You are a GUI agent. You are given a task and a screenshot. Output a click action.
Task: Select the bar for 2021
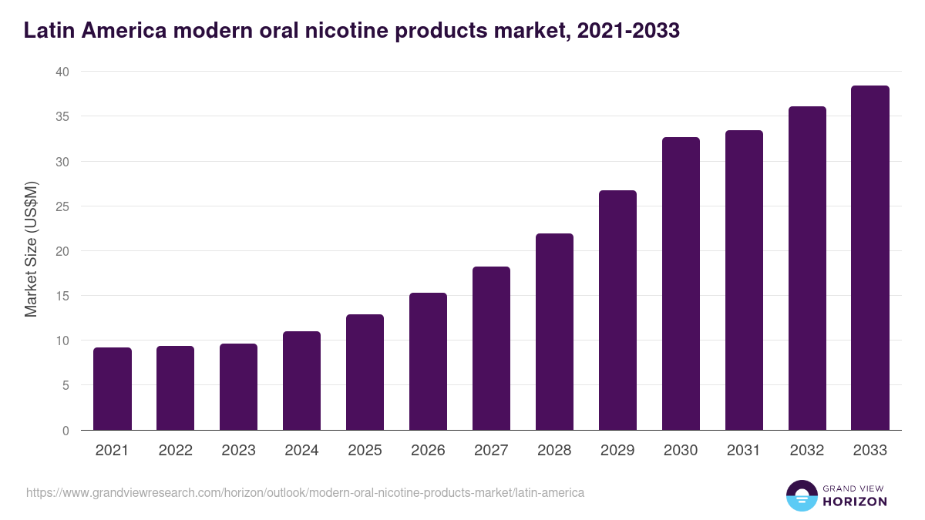113,389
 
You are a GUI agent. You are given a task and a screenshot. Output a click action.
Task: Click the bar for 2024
301,381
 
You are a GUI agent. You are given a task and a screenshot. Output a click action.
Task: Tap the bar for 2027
491,348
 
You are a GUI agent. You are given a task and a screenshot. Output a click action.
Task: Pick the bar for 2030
681,283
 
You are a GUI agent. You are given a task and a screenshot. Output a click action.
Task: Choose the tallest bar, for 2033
870,258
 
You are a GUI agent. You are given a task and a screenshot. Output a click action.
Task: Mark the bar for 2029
617,310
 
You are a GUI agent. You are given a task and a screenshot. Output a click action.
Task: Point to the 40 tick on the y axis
62,72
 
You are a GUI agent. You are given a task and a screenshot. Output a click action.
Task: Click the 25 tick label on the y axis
62,206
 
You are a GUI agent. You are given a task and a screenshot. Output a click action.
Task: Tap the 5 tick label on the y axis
65,385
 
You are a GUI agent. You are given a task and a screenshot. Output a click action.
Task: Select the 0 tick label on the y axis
65,431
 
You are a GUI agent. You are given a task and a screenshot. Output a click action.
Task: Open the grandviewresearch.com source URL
305,492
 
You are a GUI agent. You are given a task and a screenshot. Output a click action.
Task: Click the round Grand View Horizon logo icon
802,496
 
